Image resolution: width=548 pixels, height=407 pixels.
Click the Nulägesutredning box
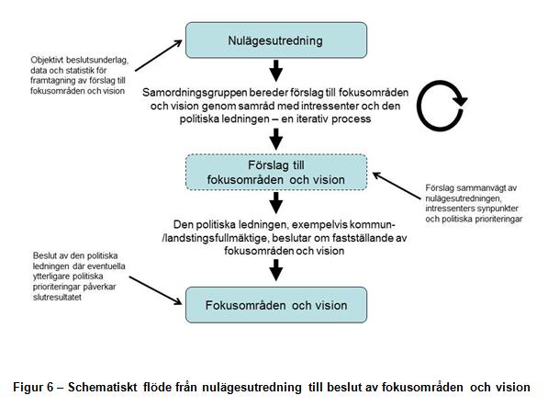(x=276, y=40)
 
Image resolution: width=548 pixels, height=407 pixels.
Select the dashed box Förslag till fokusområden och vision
(x=276, y=173)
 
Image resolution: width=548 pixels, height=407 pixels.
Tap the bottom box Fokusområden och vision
(x=276, y=305)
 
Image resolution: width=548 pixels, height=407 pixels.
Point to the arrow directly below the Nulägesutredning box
(x=276, y=71)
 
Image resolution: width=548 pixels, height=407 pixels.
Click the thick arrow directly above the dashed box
(x=276, y=139)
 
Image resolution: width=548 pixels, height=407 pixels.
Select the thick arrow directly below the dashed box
(x=276, y=203)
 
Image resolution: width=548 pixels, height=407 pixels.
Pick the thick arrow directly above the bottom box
(x=276, y=270)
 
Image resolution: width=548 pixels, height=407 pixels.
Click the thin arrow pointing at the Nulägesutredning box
(x=159, y=56)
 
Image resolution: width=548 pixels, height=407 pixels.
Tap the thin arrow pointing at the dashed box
(x=397, y=186)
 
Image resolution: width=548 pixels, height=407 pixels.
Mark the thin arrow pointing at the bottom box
(x=155, y=290)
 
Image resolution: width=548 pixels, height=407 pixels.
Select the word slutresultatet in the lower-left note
(x=57, y=297)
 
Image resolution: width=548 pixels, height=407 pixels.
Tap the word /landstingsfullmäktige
(x=216, y=238)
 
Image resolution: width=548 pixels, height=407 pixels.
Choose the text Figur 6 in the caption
(x=33, y=388)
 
